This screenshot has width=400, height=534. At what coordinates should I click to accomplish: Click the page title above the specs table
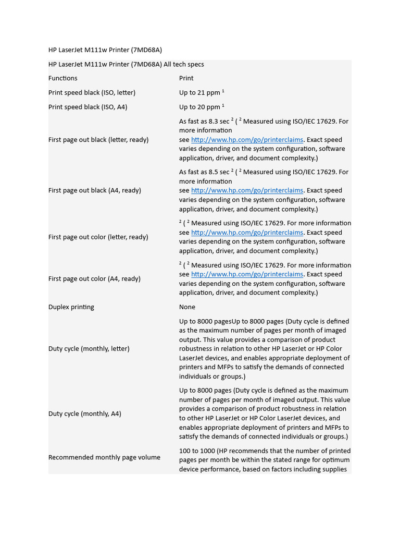105,50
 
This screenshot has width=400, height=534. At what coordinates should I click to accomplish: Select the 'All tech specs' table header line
126,64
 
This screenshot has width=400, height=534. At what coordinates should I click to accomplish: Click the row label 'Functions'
63,78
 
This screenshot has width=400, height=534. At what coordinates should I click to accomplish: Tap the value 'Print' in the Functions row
186,78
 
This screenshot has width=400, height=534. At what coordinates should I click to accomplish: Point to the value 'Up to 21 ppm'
199,93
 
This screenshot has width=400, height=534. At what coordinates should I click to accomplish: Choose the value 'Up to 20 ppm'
199,107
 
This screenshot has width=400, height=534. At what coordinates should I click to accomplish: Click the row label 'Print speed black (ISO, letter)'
92,93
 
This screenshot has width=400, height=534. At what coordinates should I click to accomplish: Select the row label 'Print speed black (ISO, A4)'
87,107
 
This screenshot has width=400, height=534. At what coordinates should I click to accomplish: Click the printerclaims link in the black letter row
247,140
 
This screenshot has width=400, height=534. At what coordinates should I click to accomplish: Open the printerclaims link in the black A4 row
247,191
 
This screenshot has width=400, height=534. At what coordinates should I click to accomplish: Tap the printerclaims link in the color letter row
247,233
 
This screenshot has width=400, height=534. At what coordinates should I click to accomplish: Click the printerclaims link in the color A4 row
247,274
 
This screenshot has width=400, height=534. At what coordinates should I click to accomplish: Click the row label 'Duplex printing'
71,307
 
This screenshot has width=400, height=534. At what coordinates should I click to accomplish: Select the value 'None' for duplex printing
187,307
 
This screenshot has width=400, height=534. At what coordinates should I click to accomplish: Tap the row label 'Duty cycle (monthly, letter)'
89,349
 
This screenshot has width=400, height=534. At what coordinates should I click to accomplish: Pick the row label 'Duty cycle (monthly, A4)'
84,414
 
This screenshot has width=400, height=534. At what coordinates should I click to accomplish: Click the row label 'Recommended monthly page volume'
104,457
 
